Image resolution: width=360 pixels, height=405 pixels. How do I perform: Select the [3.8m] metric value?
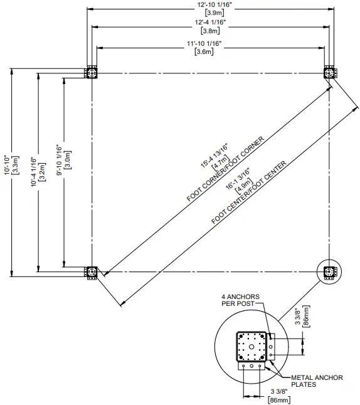209,30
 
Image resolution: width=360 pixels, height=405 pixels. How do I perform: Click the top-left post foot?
92,73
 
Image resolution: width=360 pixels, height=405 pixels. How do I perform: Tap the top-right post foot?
329,73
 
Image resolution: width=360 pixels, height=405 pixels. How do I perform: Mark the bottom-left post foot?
92,271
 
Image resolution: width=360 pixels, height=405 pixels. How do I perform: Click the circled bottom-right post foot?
329,271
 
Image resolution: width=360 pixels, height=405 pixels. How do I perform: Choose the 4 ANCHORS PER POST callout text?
237,299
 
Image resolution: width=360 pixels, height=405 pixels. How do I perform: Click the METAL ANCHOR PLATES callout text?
317,381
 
